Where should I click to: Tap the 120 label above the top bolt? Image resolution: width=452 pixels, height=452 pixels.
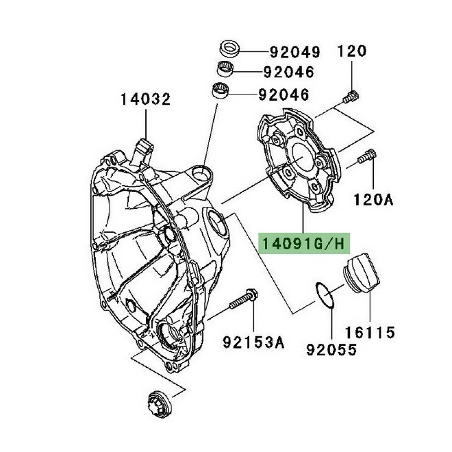click(x=352, y=51)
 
